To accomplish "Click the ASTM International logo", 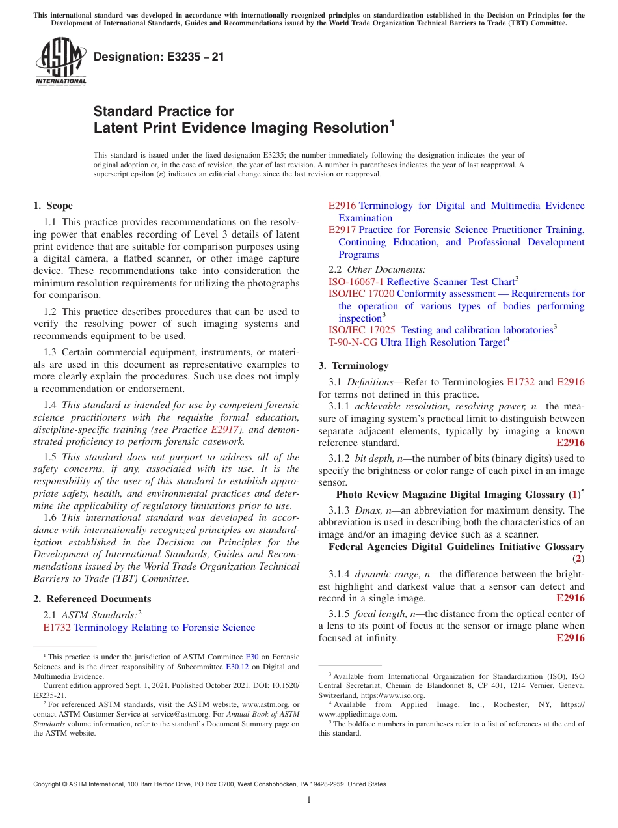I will (60, 61).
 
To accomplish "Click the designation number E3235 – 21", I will (159, 57).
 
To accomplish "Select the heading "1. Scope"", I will (53, 206).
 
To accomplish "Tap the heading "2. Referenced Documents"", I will (92, 599).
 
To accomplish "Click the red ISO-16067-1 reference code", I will (356, 281).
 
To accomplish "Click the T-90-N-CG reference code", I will (353, 342).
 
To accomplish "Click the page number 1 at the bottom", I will (309, 800).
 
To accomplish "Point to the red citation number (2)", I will (578, 559).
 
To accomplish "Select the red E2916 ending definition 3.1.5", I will (571, 638).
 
